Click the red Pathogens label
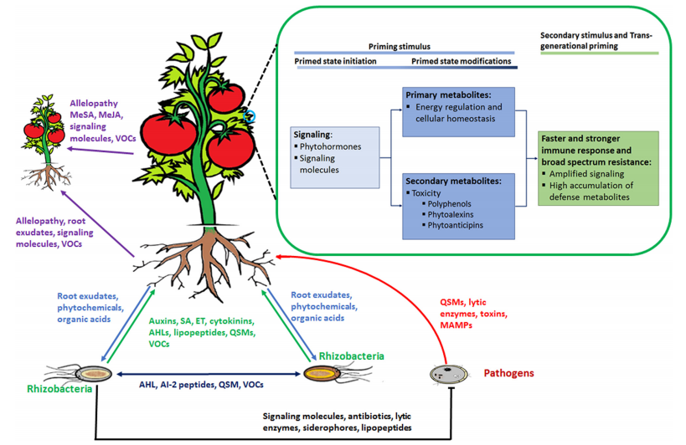[x=508, y=373]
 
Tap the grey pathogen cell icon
[x=448, y=374]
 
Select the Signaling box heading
[x=312, y=135]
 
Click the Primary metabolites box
[x=458, y=112]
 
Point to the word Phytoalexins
[x=451, y=214]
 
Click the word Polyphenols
[x=449, y=204]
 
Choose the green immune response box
[x=598, y=168]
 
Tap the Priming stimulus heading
[x=399, y=46]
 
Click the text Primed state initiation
[x=335, y=61]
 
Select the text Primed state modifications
[x=462, y=61]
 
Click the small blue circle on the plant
[x=250, y=116]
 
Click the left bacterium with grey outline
[x=94, y=374]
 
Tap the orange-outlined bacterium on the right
[x=322, y=373]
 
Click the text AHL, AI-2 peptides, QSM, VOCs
[x=201, y=385]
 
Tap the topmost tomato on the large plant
[x=226, y=97]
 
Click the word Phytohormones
[x=330, y=146]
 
